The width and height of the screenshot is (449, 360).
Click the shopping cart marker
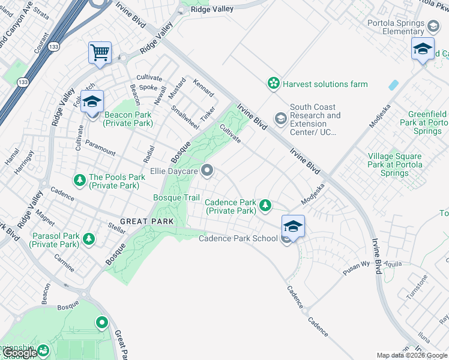tap(100, 52)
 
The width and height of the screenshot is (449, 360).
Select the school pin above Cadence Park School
tap(293, 226)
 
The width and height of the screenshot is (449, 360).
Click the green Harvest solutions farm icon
tap(274, 83)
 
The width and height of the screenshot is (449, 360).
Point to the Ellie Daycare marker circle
tap(208, 172)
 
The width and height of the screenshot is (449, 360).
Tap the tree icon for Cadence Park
tap(265, 206)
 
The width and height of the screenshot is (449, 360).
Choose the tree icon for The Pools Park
tap(79, 180)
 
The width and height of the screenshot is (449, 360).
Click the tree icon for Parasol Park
tap(89, 239)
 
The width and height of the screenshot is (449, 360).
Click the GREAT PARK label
tap(146, 221)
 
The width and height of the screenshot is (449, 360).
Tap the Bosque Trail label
tap(176, 197)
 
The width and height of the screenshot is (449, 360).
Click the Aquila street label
tap(393, 264)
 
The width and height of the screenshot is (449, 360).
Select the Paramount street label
tap(100, 148)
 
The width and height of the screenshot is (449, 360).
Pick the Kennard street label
tap(203, 87)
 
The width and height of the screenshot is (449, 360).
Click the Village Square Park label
tap(395, 164)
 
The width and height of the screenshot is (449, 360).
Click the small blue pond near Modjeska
tap(394, 85)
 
